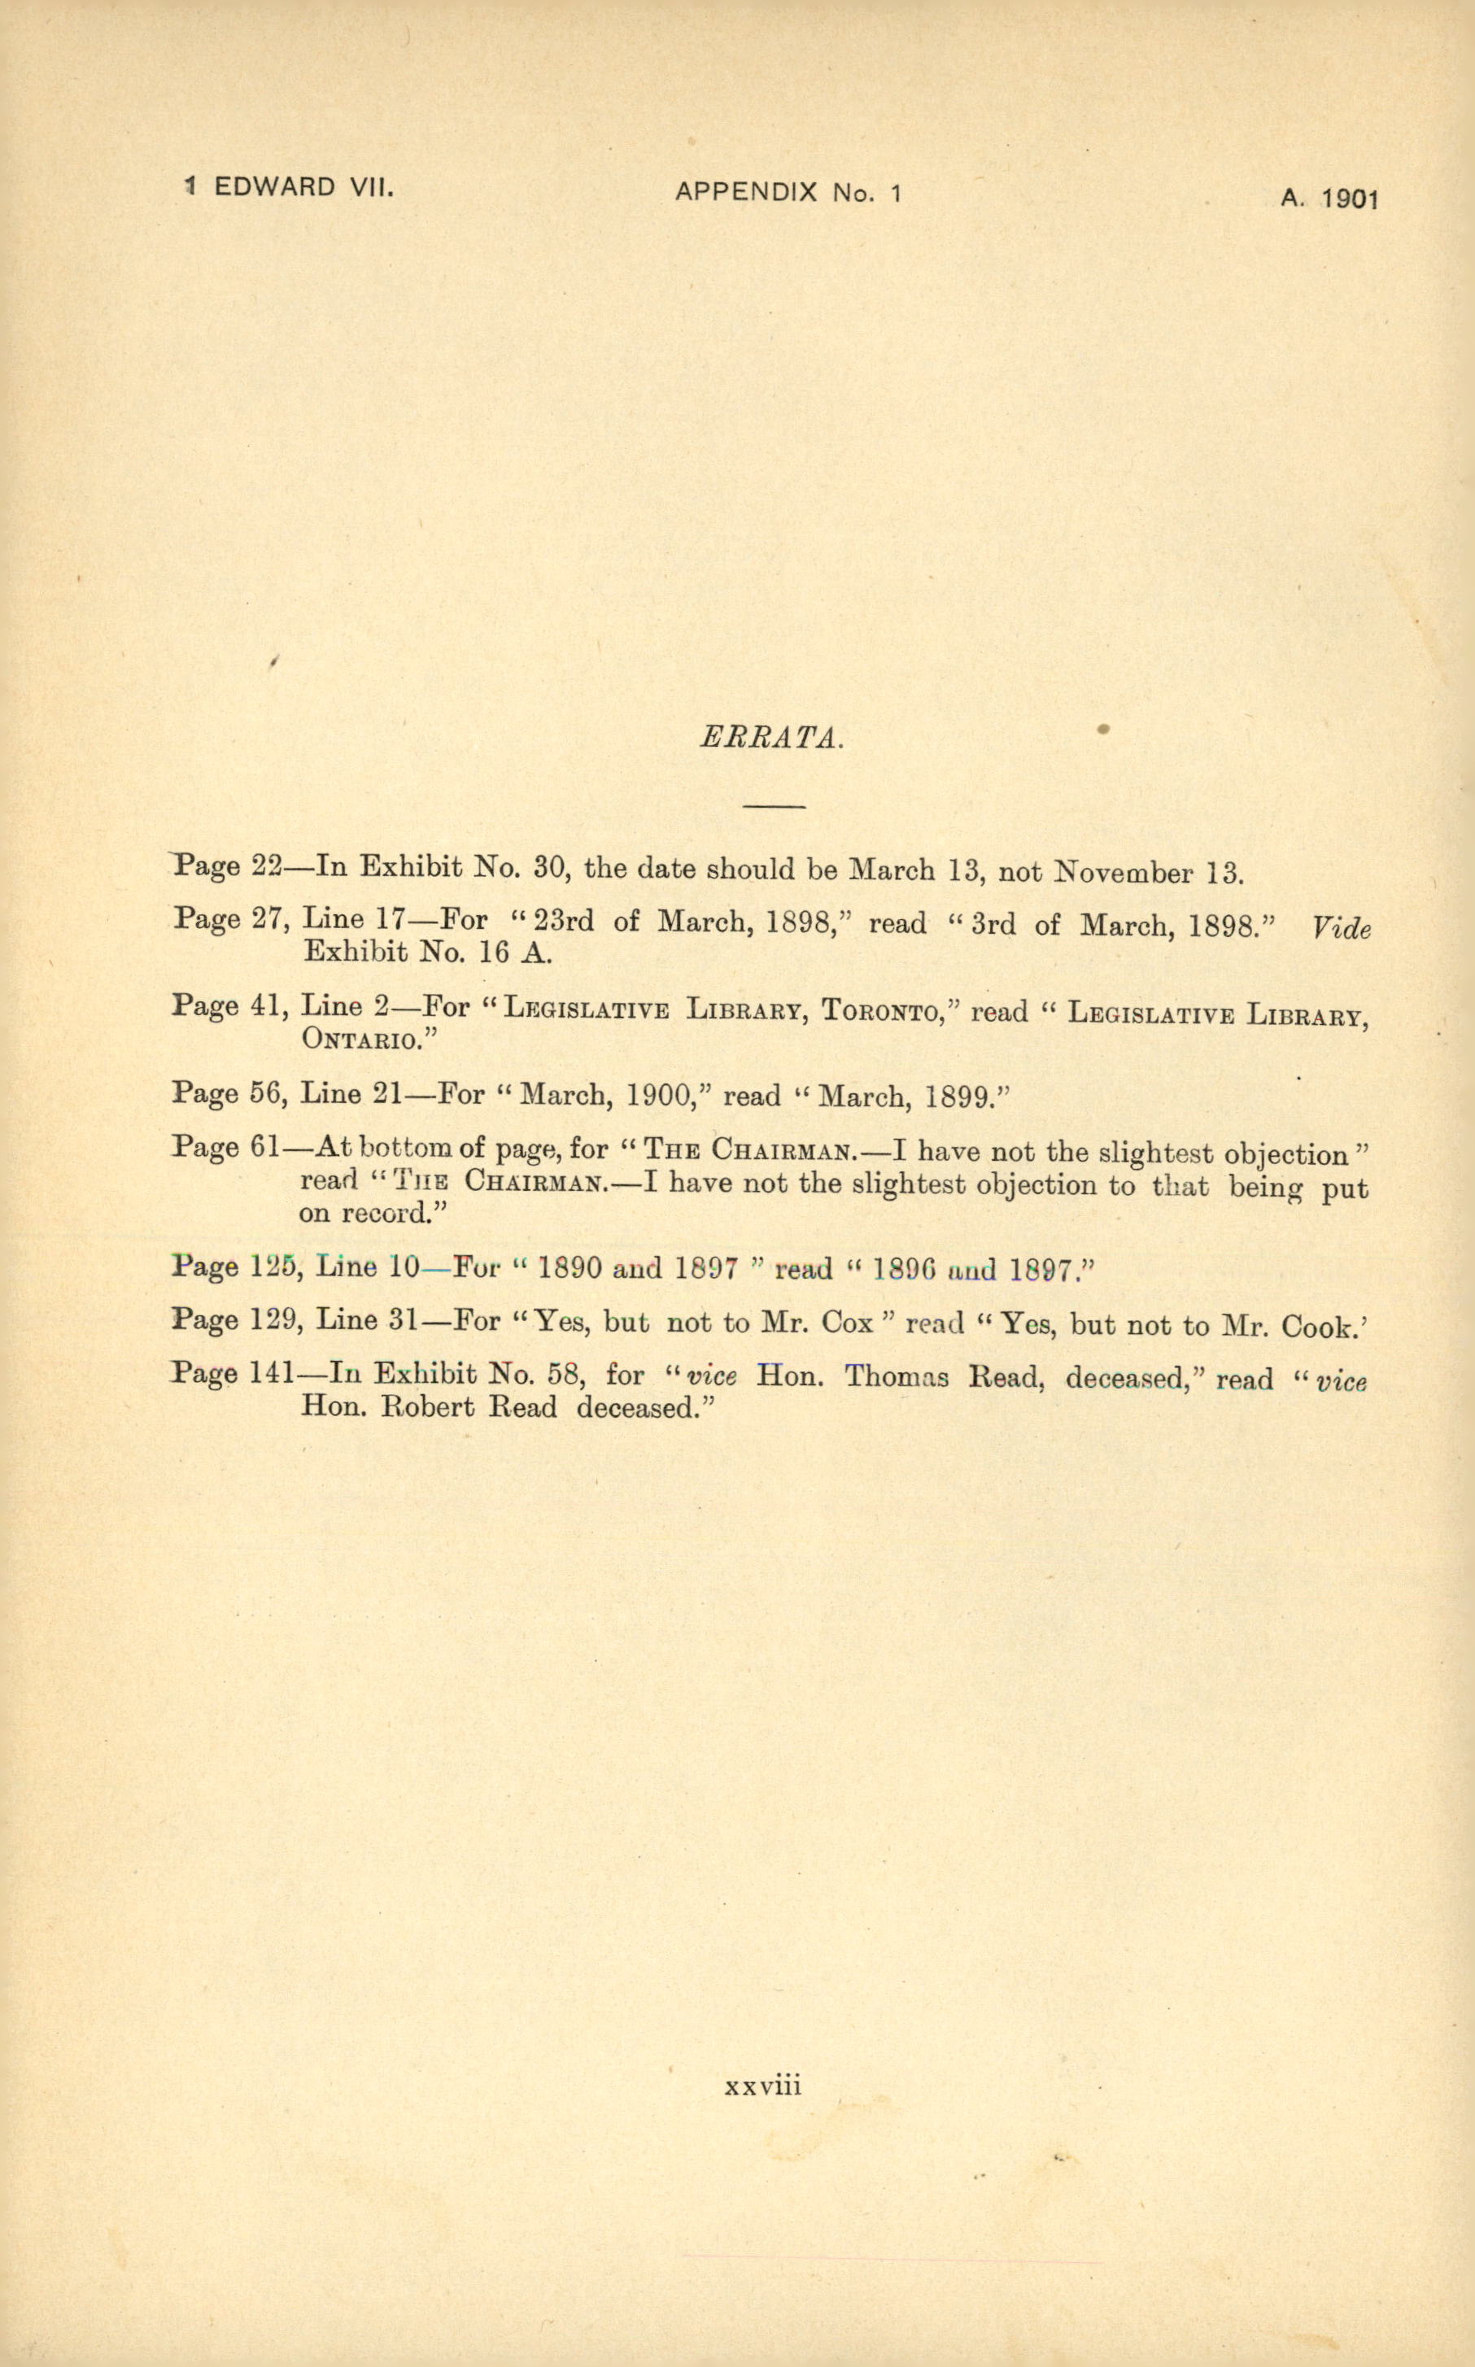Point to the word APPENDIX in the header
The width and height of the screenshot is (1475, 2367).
click(x=746, y=193)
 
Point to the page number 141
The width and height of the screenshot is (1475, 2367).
click(x=271, y=1373)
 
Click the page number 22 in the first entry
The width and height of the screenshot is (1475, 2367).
click(x=266, y=866)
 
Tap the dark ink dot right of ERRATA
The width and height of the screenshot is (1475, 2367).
click(x=1103, y=729)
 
